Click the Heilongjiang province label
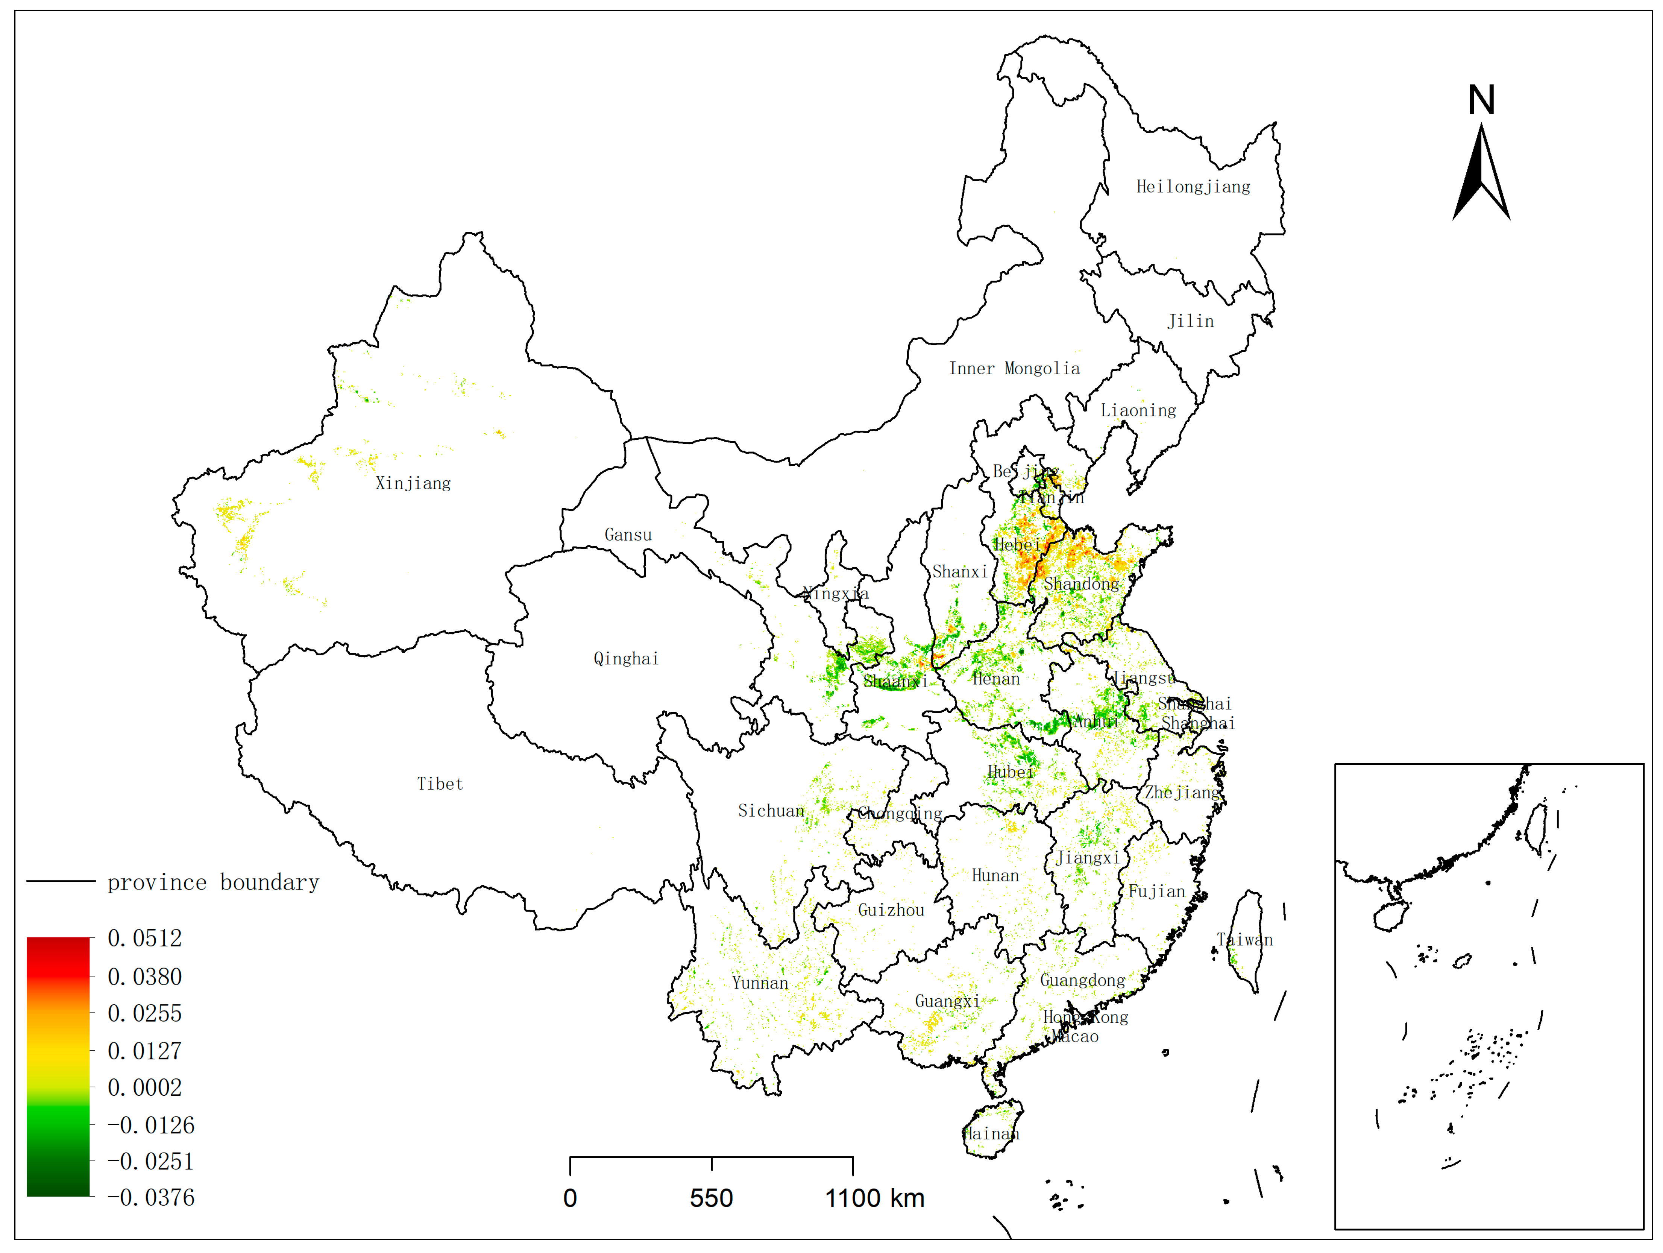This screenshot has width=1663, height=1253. click(x=1193, y=187)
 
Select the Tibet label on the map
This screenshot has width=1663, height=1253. click(x=440, y=784)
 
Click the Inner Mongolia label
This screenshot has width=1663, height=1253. click(x=1014, y=369)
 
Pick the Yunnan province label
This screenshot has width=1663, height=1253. click(x=760, y=983)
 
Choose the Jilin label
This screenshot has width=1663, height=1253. click(x=1190, y=321)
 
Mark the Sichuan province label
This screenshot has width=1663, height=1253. click(x=771, y=811)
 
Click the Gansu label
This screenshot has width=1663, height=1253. click(x=628, y=535)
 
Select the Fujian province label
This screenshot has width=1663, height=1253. click(x=1156, y=891)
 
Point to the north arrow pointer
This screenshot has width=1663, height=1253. click(x=1481, y=173)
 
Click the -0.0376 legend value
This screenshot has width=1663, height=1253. click(x=150, y=1197)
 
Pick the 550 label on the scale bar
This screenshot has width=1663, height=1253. click(x=711, y=1198)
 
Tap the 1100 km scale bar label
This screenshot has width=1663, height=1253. click(x=875, y=1198)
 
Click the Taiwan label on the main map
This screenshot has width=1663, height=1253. click(x=1245, y=939)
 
